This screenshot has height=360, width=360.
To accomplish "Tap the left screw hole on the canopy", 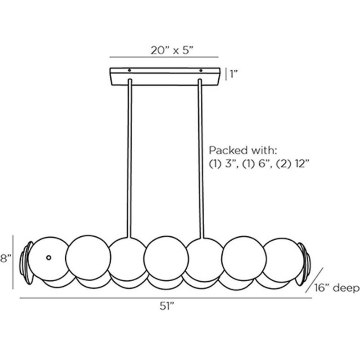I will (129, 71).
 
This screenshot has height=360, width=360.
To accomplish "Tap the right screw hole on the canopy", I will (201, 71).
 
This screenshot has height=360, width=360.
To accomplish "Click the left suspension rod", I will (130, 157).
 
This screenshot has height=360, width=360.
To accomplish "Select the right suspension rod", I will (201, 157).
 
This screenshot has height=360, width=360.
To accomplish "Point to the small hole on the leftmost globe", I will (49, 257).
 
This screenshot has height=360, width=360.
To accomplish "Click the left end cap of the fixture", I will (27, 263).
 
